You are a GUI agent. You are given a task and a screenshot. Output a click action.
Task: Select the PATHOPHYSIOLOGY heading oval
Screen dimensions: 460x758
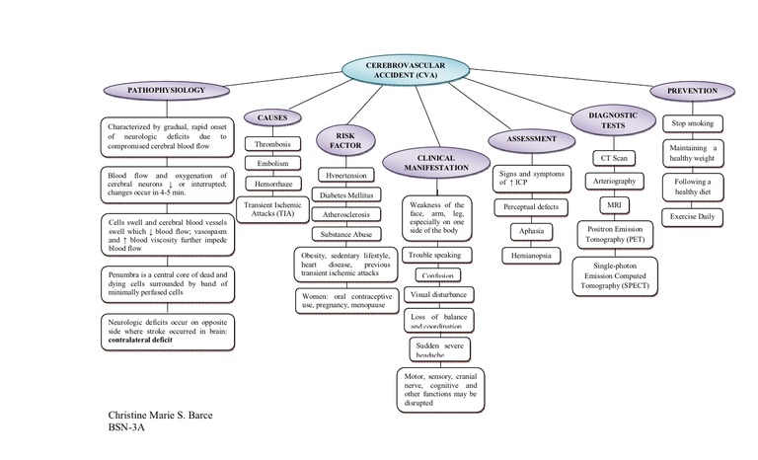pos(166,91)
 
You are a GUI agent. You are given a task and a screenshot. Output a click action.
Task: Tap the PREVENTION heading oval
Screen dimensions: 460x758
pos(692,91)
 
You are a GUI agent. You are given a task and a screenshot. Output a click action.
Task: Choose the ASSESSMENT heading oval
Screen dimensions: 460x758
pos(531,140)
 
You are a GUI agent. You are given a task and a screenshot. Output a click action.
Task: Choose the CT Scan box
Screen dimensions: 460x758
pos(613,158)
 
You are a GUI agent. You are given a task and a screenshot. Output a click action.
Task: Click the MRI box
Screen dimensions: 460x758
pos(613,204)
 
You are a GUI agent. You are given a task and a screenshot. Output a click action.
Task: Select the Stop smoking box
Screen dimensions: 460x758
pos(692,123)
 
